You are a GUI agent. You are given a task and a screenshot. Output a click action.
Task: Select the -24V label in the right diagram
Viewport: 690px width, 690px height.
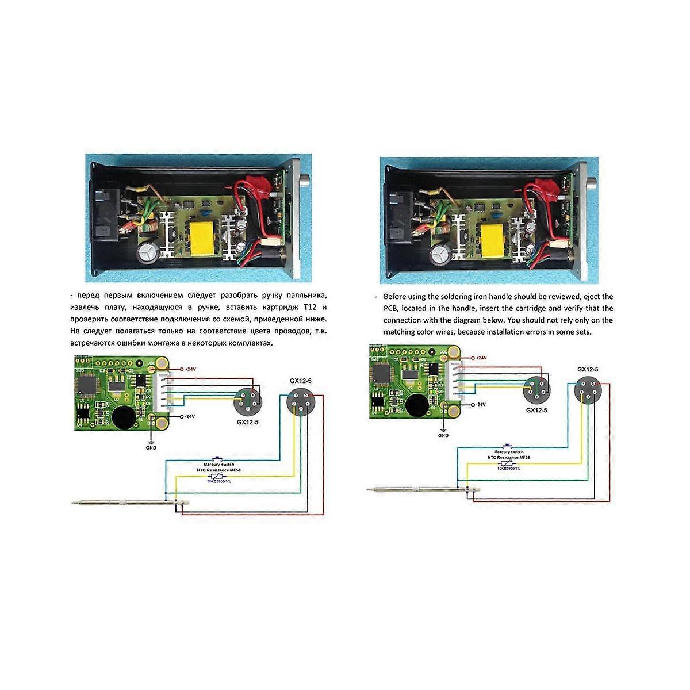[x=481, y=404]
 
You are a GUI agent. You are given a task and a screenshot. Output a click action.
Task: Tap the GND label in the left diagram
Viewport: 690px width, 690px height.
[x=151, y=448]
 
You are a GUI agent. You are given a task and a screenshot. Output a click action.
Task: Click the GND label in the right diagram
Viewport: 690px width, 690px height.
[x=443, y=435]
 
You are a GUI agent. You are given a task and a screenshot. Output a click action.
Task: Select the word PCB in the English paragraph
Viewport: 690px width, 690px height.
[x=391, y=309]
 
